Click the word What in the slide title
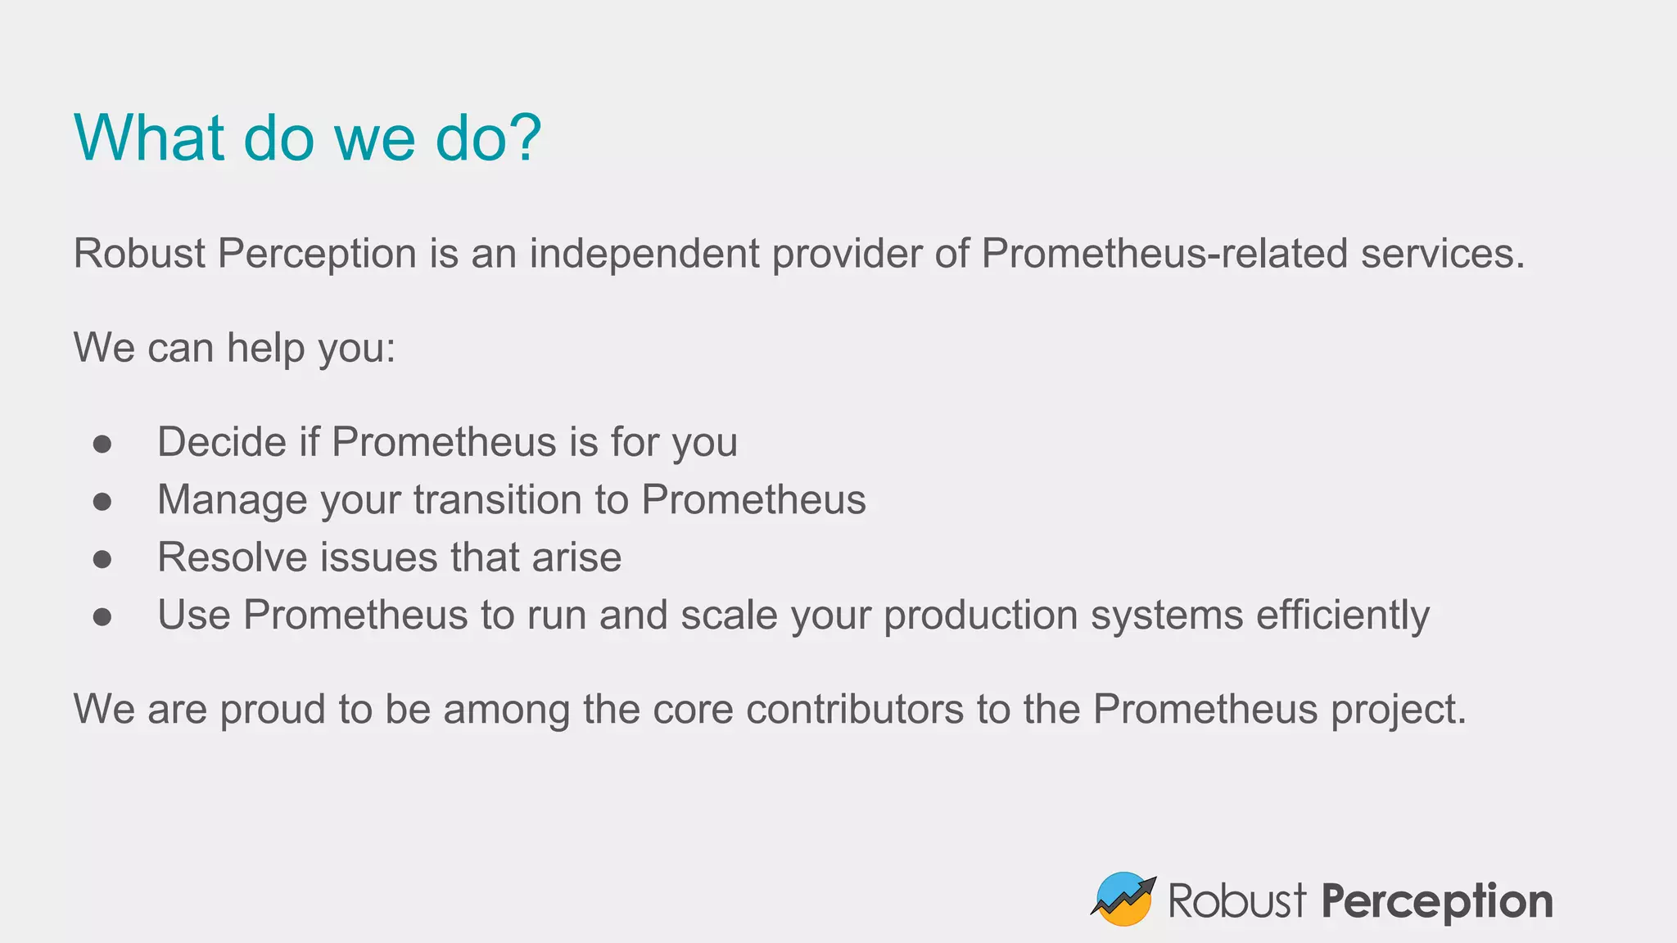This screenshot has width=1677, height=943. tap(148, 138)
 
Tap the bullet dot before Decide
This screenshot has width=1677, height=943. tap(102, 444)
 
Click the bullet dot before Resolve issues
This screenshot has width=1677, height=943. tap(102, 559)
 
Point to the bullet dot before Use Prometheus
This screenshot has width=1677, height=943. tap(102, 616)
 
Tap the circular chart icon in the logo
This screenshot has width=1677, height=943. tap(1123, 899)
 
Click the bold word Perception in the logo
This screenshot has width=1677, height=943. tap(1437, 902)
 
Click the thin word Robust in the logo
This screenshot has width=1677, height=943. tap(1236, 900)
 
